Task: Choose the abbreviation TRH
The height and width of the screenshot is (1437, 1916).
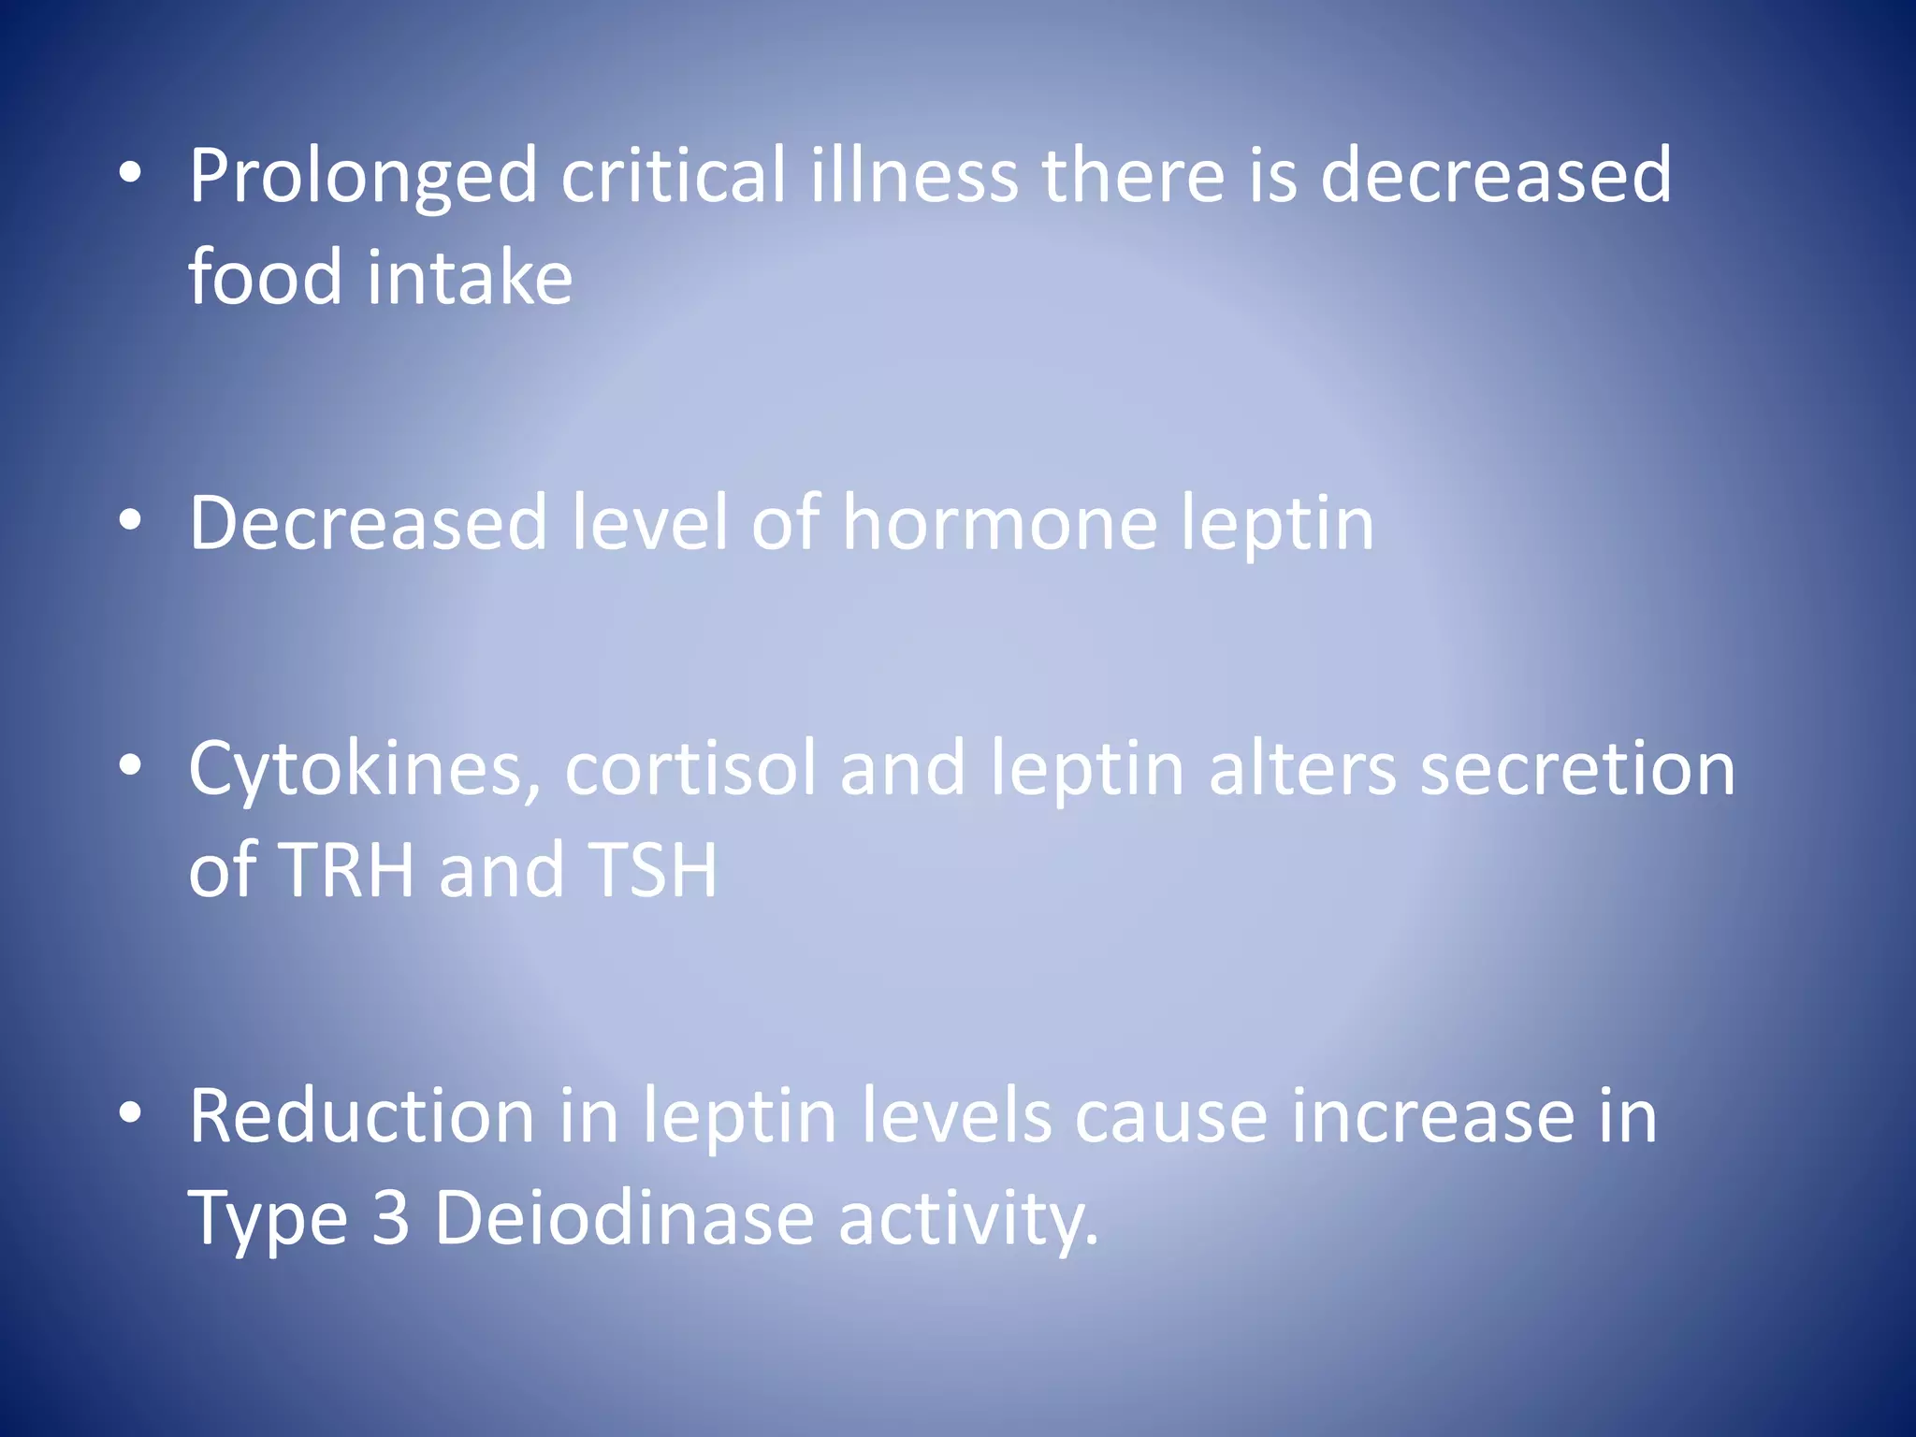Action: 346,870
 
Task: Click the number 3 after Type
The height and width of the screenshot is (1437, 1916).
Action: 390,1218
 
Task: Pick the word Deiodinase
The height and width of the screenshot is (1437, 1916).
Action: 624,1218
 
